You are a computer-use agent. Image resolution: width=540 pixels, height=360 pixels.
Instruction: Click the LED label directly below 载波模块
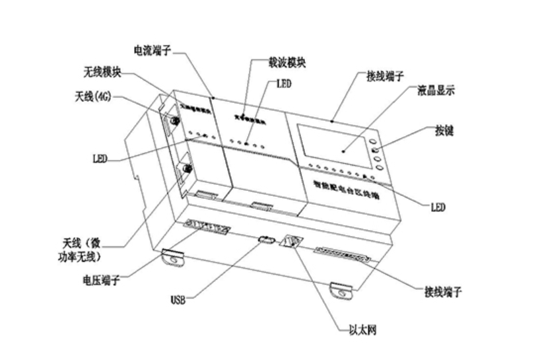click(284, 84)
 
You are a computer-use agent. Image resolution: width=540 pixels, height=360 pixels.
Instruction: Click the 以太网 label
click(363, 328)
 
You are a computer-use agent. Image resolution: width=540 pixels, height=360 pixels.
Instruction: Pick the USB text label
click(178, 301)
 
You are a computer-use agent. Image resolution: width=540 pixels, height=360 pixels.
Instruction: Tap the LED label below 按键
click(437, 207)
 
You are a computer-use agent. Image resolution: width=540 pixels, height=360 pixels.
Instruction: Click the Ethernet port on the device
click(291, 242)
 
